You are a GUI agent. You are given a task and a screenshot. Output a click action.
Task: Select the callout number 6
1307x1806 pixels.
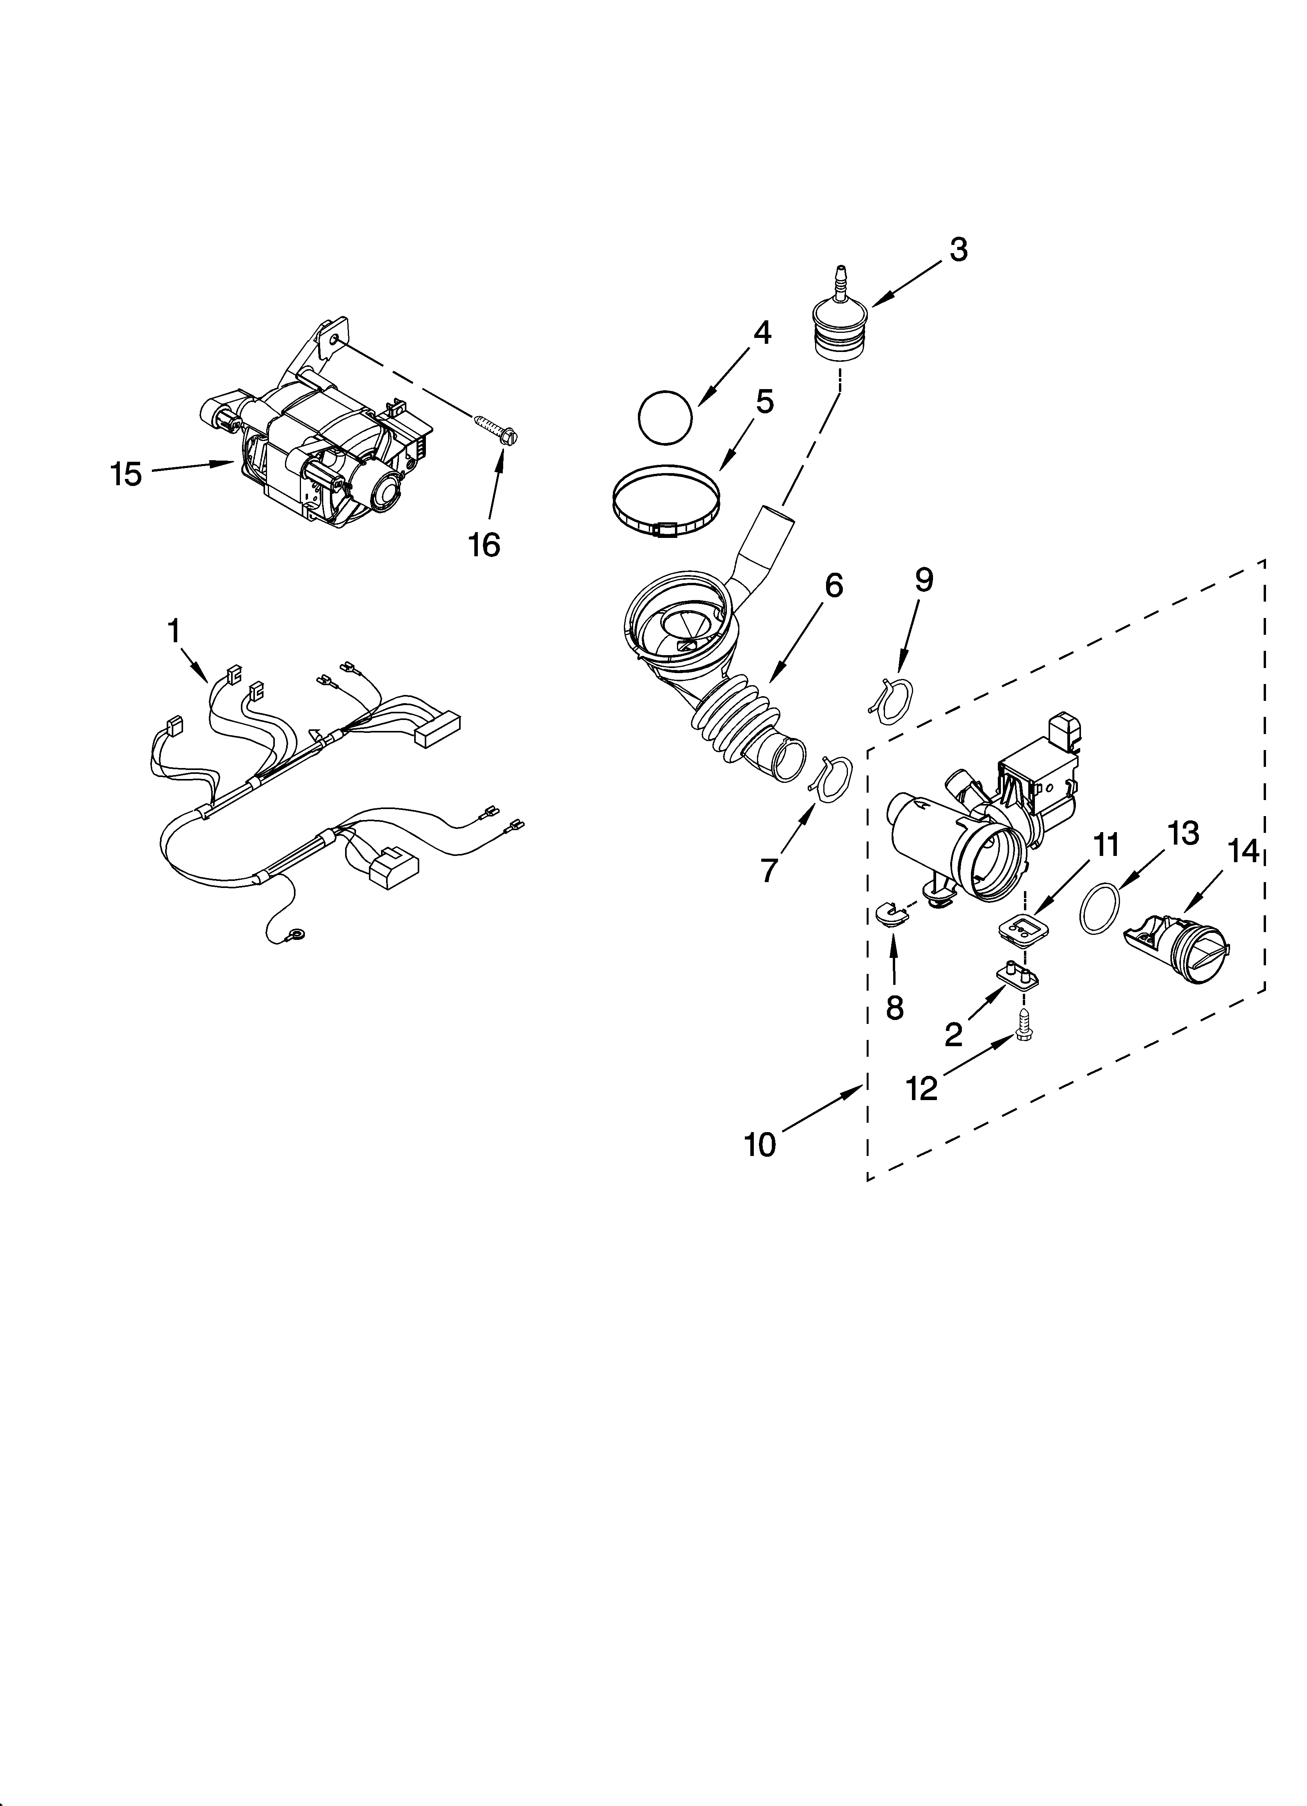coord(833,586)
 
